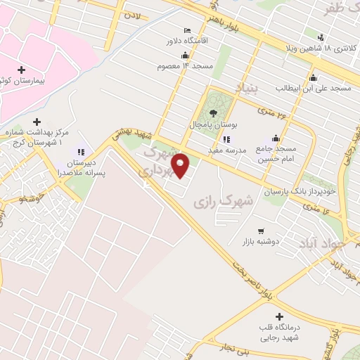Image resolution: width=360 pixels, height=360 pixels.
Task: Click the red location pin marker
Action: click(x=181, y=165)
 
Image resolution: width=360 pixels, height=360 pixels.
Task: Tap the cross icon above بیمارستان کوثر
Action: click(x=21, y=70)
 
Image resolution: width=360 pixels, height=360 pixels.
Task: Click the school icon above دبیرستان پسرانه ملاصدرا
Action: click(x=80, y=151)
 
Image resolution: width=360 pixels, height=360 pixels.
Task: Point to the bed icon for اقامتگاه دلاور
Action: click(x=186, y=31)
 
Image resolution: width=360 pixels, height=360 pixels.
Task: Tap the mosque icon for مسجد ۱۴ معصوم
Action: click(x=185, y=55)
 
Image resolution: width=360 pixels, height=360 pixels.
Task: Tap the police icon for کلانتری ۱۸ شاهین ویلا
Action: click(x=321, y=37)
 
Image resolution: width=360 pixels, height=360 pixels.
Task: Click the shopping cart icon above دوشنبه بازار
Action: click(x=261, y=230)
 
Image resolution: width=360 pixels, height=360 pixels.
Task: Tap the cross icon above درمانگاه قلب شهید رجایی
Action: click(x=280, y=317)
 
